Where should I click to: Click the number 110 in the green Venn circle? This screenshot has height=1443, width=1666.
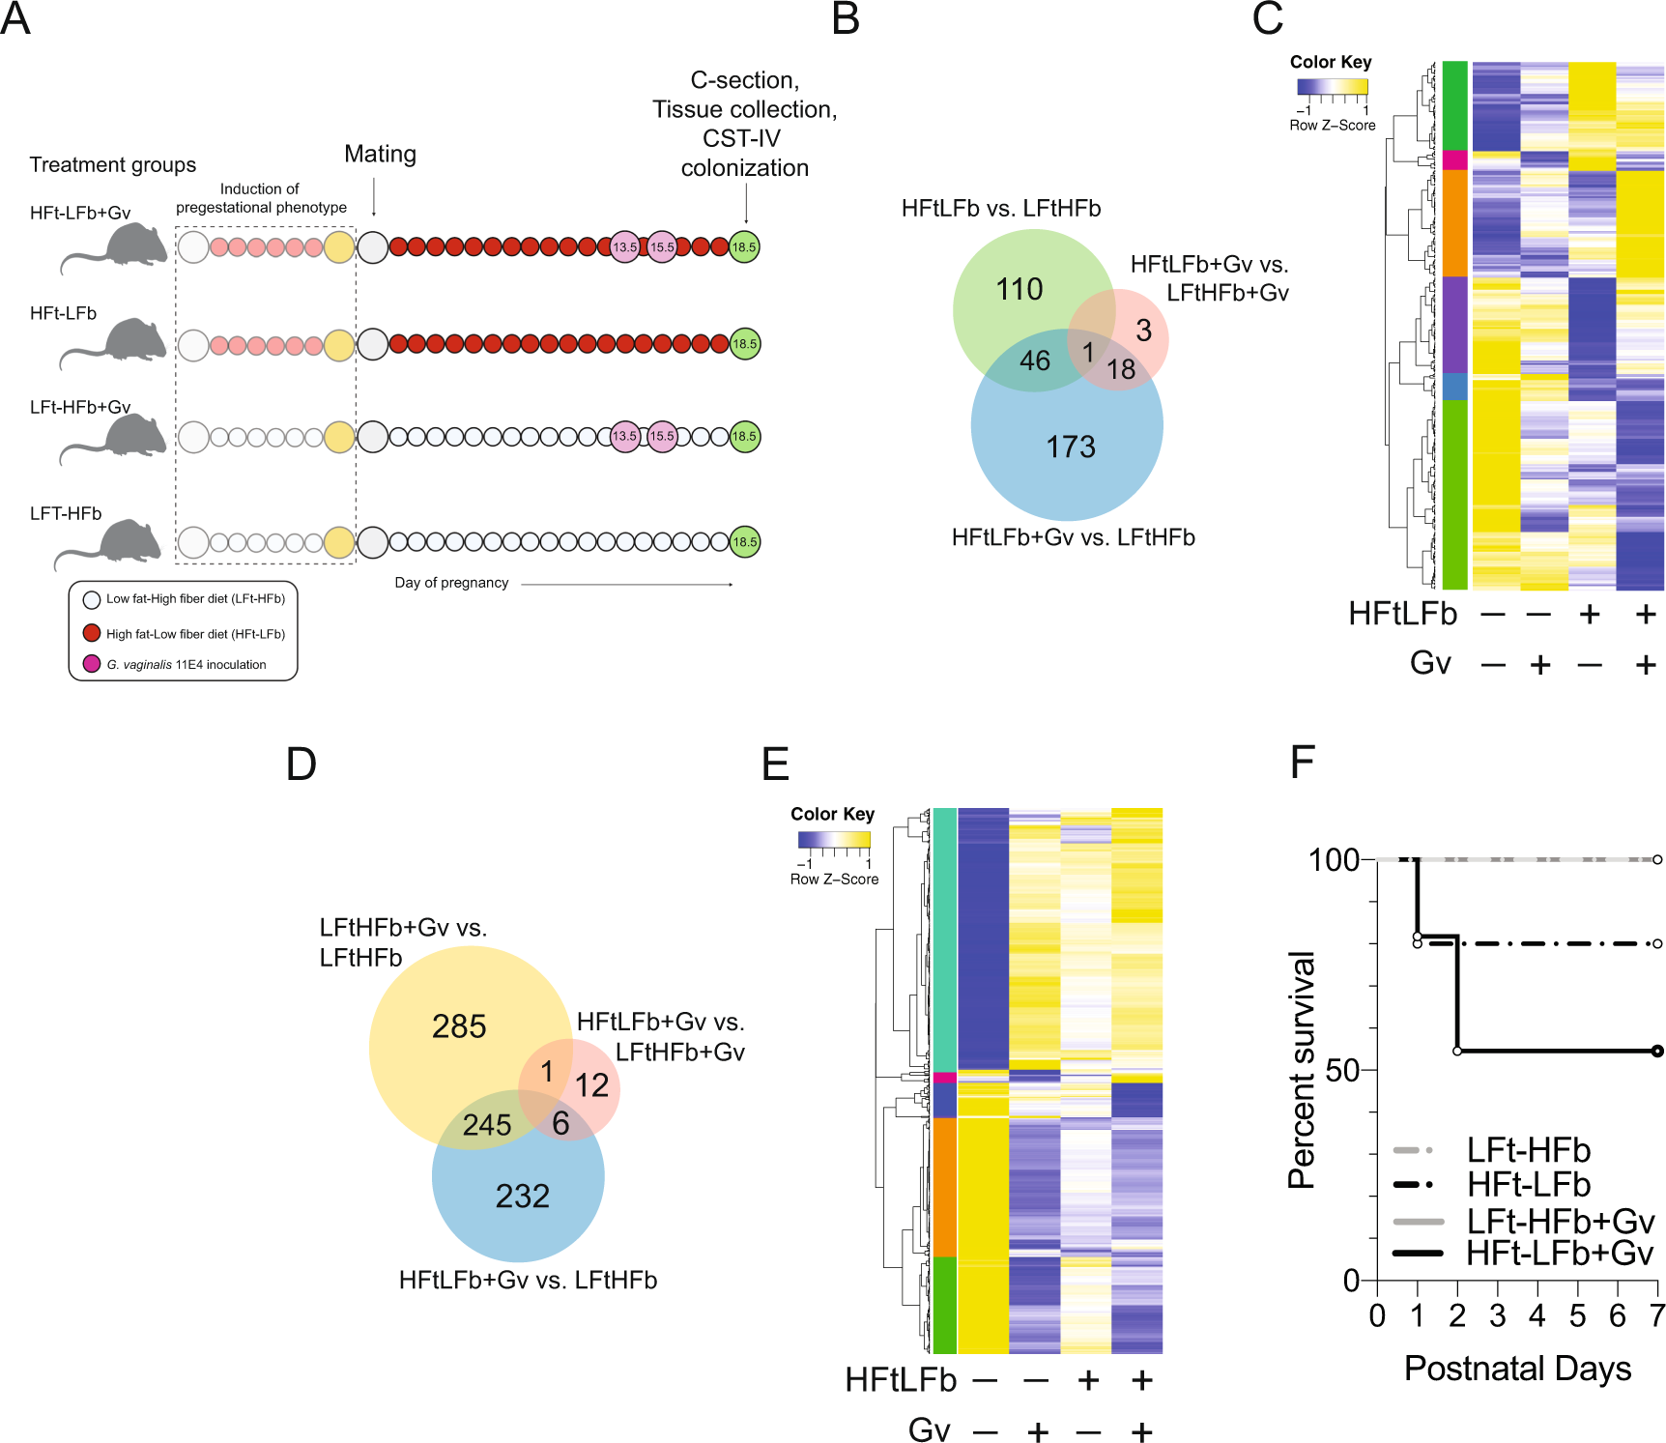1020,289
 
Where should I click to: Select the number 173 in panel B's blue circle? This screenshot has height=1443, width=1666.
1071,447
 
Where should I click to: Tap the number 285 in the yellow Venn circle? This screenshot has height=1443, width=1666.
459,1026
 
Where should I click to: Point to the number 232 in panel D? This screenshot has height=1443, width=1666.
523,1197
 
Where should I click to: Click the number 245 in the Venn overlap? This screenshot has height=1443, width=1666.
487,1125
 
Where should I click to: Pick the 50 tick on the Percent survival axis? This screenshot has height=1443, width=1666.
1341,1070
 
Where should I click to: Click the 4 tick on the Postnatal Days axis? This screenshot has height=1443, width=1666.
1537,1315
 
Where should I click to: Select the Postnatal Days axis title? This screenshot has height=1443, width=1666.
1517,1369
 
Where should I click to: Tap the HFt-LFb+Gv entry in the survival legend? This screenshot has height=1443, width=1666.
1560,1254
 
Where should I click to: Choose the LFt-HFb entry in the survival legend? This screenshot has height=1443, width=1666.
1528,1150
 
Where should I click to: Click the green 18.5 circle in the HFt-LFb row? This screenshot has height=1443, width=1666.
744,344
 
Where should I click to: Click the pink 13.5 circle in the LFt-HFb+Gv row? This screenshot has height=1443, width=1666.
625,437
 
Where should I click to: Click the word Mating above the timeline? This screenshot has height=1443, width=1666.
380,155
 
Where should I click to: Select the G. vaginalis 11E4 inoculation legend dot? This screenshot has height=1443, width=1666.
92,664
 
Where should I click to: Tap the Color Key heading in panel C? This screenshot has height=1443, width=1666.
1331,62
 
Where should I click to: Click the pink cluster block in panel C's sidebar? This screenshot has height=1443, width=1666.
1454,160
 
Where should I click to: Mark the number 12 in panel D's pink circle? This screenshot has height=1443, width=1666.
592,1085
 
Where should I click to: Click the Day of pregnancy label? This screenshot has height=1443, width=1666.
451,583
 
